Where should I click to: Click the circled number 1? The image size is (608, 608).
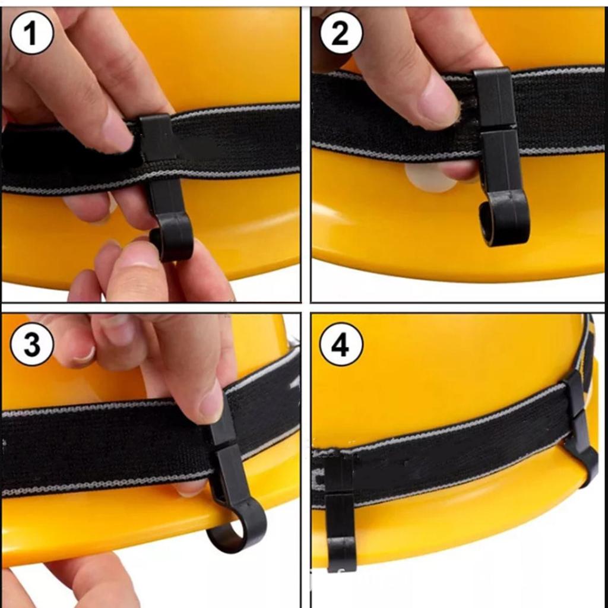point(31,33)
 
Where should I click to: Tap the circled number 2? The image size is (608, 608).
point(341,33)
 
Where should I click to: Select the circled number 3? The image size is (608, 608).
point(31,344)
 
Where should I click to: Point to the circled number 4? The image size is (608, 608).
point(341,344)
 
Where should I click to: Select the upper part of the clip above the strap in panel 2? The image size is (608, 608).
point(494,98)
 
